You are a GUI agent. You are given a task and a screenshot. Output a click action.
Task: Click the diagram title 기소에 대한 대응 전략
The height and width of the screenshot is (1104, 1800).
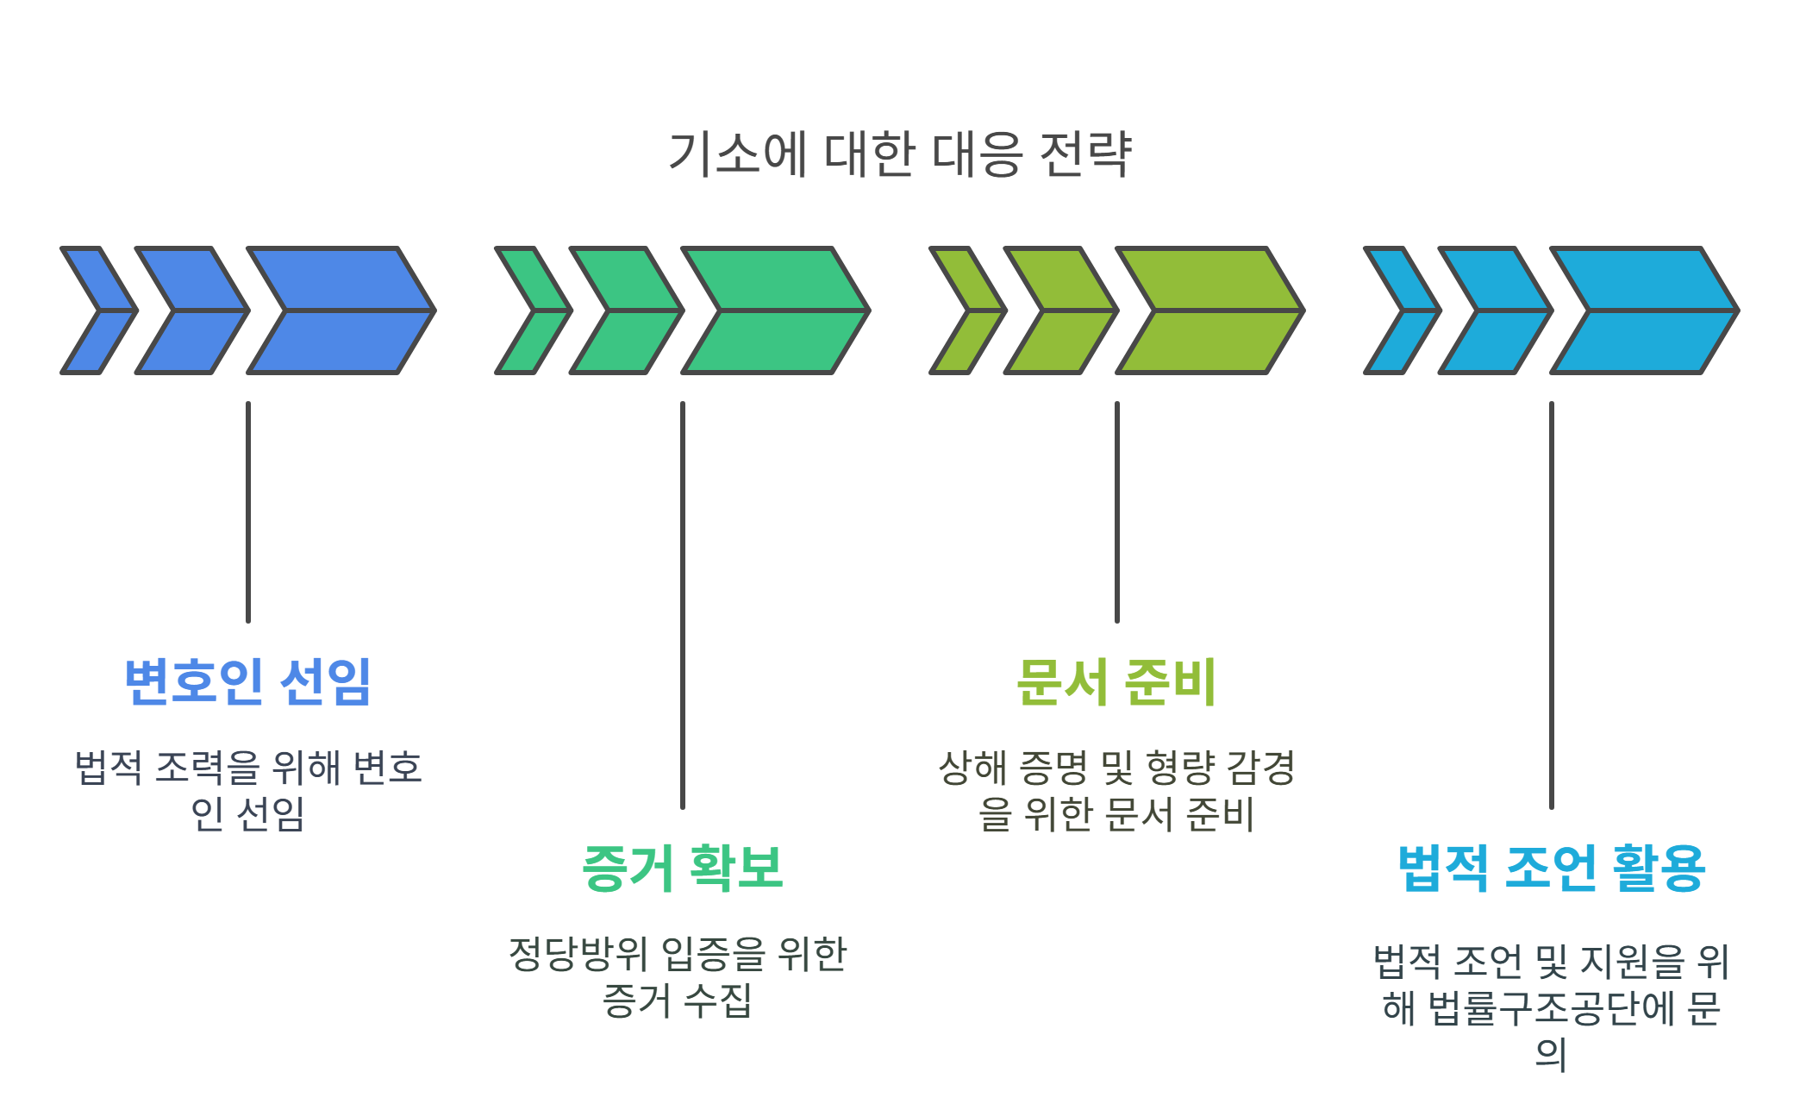[899, 154]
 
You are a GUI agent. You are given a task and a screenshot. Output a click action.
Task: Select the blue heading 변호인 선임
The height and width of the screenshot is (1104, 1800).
[248, 681]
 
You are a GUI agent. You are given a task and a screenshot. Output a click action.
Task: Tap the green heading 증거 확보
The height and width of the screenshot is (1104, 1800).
[682, 868]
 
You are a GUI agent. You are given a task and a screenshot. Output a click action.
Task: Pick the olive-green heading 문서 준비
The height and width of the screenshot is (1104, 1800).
[1116, 681]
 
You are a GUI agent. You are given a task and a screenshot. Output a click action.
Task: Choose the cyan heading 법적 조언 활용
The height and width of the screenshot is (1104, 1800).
[1551, 868]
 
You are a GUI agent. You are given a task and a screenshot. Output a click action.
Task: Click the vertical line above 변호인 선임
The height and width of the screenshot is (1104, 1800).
[248, 512]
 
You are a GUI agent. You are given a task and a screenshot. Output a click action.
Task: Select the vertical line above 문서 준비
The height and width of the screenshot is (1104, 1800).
[1117, 512]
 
